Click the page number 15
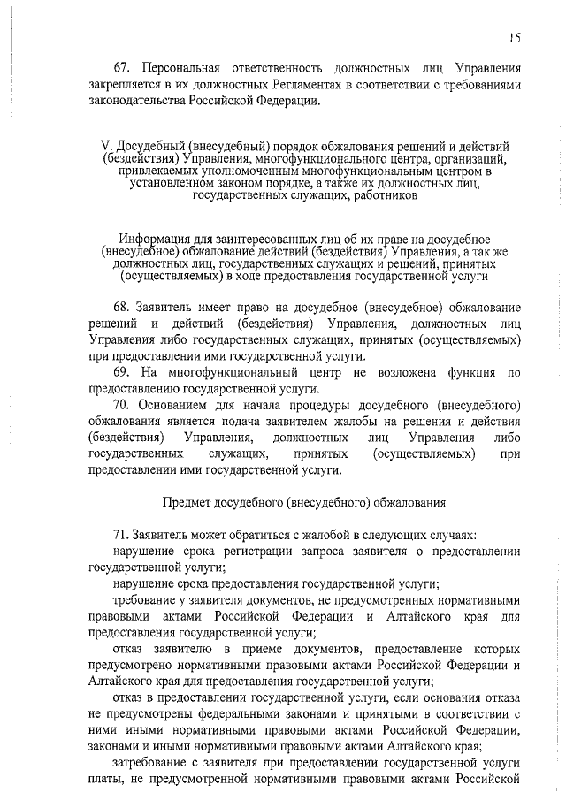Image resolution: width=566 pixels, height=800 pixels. click(x=515, y=37)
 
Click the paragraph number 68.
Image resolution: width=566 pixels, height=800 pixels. click(x=121, y=306)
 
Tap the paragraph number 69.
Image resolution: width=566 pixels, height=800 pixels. click(x=121, y=372)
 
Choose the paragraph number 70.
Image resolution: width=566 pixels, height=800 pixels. click(x=121, y=405)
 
